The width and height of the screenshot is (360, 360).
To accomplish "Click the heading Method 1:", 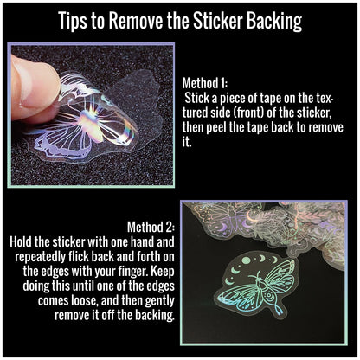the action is [205, 83].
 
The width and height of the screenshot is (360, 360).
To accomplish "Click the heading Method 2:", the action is [151, 227].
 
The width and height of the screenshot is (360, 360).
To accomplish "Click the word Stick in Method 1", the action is [197, 98].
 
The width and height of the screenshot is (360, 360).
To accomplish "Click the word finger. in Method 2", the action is [133, 272].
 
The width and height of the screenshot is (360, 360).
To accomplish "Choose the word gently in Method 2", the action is [159, 301].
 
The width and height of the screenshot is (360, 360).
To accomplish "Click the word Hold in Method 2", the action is [21, 241].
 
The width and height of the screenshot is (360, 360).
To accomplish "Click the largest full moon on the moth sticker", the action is [246, 260].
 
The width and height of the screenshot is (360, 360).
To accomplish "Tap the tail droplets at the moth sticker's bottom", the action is [279, 310].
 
